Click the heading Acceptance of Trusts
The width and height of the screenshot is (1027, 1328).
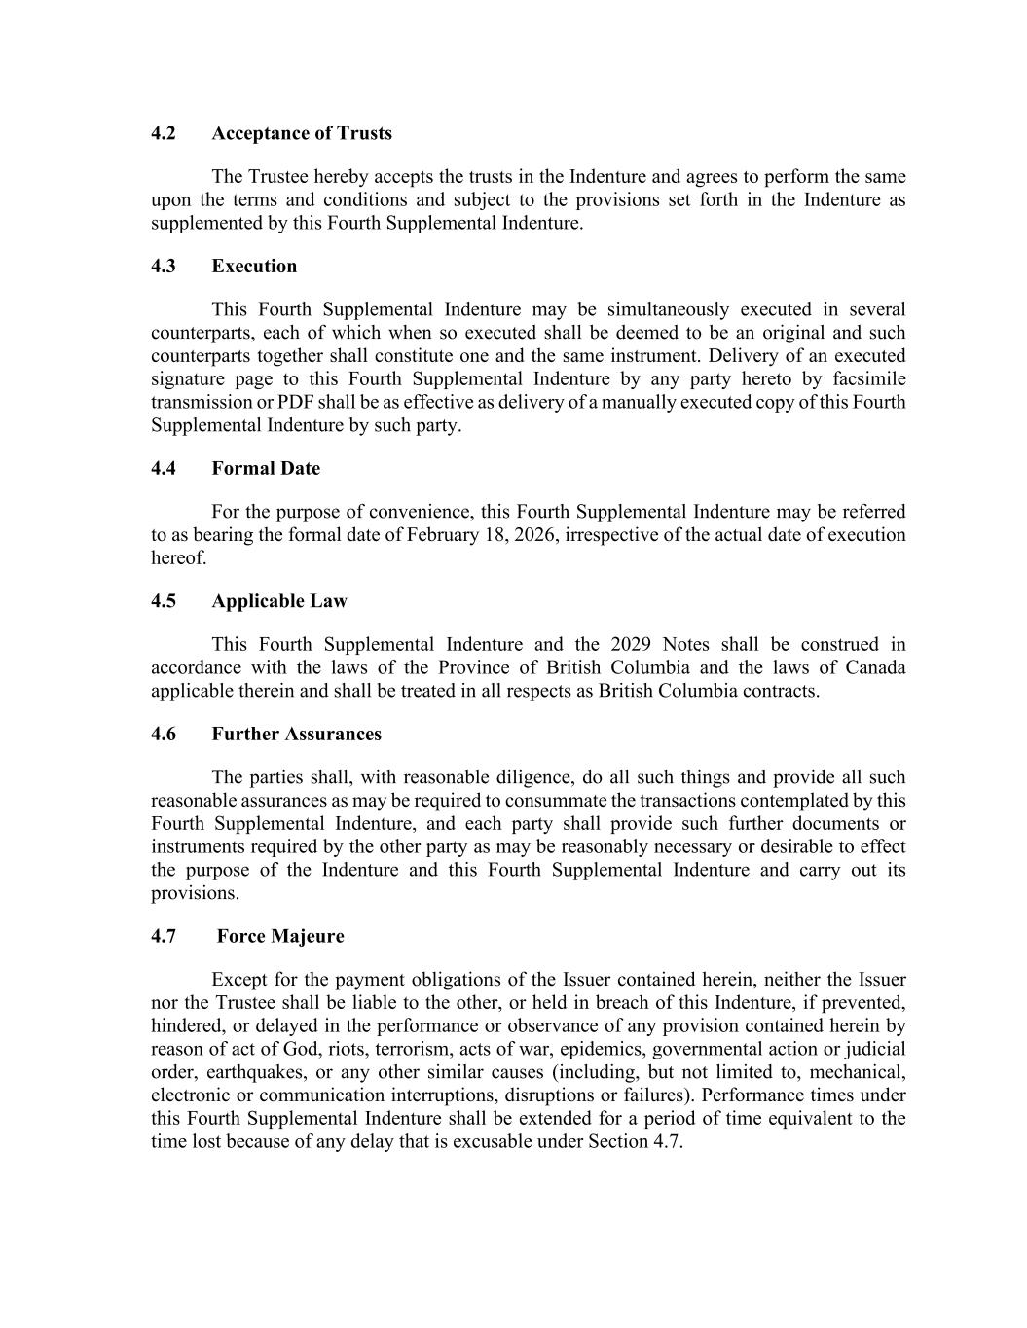(302, 133)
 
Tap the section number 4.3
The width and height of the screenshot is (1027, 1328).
(164, 266)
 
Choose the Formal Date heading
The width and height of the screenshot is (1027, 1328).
(266, 468)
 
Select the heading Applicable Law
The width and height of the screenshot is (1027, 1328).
(279, 601)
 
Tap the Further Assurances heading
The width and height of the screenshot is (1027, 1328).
(297, 734)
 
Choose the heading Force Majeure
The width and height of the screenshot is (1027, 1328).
(280, 936)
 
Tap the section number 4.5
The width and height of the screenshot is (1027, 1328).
(164, 601)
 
